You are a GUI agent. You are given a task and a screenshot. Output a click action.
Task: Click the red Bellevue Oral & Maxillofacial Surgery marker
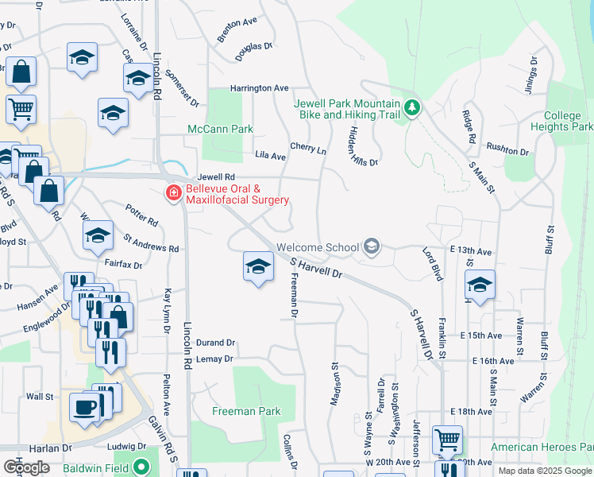(172, 192)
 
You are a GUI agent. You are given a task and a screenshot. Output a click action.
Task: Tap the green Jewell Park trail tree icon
(411, 107)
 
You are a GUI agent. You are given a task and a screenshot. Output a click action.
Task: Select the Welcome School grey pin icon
(371, 247)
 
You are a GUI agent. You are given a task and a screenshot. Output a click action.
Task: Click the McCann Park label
(220, 129)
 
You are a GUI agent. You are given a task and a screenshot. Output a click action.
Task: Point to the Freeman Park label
(246, 411)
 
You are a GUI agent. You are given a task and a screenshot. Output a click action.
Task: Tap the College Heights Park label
(561, 121)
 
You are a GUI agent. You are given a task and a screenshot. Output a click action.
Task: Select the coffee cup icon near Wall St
(85, 408)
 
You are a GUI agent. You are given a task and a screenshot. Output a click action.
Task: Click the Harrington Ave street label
(259, 88)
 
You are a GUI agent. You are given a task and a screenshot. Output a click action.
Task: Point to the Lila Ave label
(270, 157)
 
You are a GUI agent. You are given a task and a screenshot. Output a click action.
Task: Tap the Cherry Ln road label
(308, 148)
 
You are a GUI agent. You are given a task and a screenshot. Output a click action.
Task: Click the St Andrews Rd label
(151, 242)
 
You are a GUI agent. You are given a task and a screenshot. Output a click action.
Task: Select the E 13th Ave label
(471, 251)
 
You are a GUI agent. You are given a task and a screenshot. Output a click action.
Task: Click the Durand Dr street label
(215, 343)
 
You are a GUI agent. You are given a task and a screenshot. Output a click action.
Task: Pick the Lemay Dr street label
(215, 359)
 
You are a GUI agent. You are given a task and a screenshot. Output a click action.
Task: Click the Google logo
(26, 467)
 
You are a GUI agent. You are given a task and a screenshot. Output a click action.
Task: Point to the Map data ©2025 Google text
(544, 471)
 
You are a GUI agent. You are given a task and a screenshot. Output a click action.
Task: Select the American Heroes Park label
(541, 447)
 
